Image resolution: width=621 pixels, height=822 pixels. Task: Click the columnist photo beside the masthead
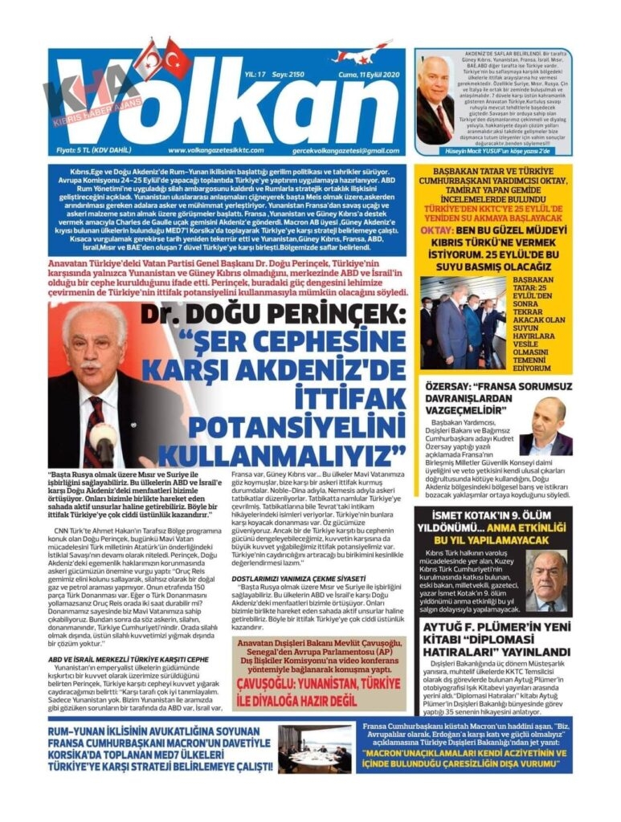[435, 100]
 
